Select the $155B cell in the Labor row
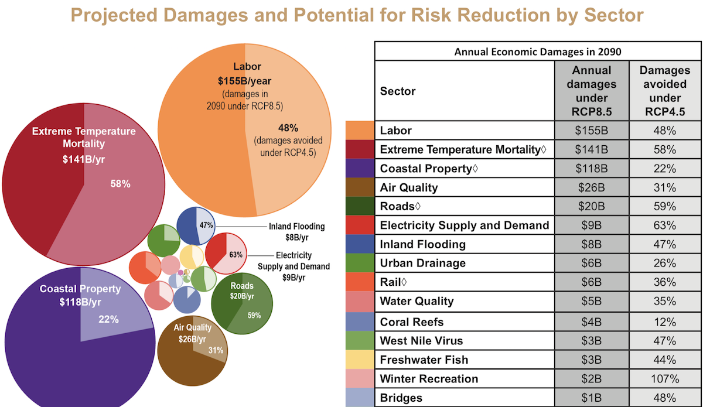(592, 130)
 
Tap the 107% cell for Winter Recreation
(665, 379)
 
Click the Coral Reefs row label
(412, 322)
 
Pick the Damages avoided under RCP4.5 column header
(665, 91)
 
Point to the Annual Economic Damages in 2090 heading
(538, 52)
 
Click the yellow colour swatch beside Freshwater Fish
(360, 360)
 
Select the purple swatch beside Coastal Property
(360, 168)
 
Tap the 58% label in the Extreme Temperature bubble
(120, 184)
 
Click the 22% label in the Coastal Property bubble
(108, 319)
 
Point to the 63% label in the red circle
(236, 255)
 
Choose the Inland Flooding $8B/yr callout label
(297, 232)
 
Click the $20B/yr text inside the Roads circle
(242, 296)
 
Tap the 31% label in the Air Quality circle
(216, 350)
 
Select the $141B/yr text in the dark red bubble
(83, 159)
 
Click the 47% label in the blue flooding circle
(206, 225)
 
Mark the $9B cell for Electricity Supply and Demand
(592, 225)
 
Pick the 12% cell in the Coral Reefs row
(665, 322)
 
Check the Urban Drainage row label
(423, 263)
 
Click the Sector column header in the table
(398, 91)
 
